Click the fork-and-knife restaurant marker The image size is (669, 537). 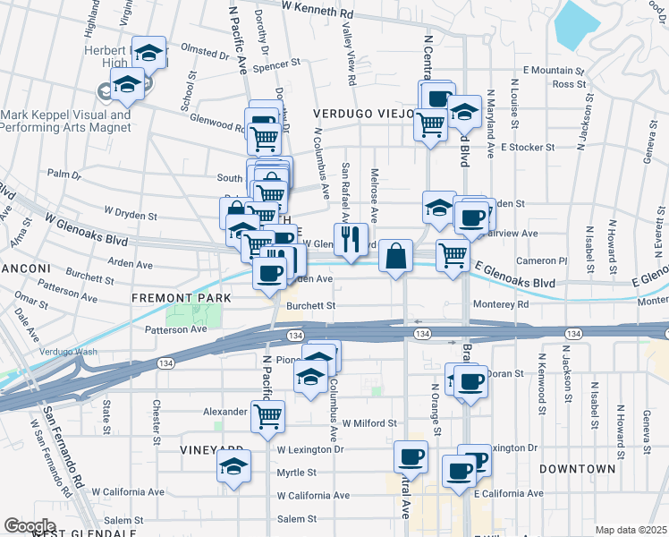349,238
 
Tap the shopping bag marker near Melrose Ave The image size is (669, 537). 395,256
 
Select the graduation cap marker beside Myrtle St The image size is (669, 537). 233,466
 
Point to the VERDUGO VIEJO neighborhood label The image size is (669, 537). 362,115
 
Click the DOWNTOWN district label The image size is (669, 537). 578,468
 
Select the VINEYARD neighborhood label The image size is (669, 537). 212,449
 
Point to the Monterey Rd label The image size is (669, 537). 501,304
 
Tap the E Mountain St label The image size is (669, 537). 554,70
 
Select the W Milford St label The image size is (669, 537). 368,422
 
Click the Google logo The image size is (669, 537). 30,525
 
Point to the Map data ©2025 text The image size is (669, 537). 631,530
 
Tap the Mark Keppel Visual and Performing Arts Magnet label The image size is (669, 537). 65,121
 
